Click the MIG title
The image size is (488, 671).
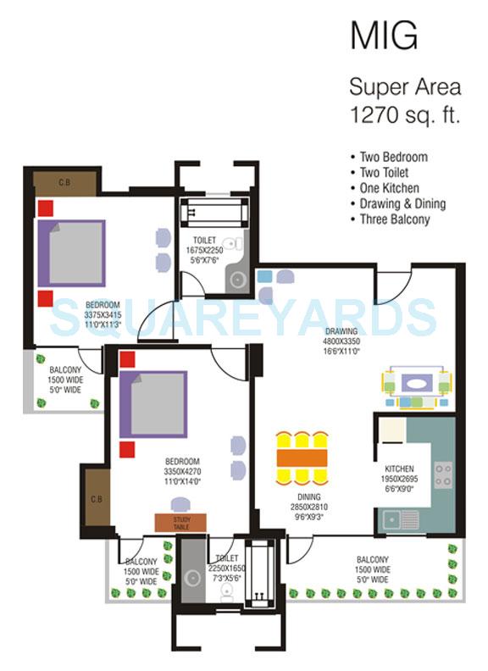[384, 37]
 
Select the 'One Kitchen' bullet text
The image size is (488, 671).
[391, 188]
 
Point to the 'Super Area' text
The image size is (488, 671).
[406, 86]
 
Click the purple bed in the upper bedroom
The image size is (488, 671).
[70, 252]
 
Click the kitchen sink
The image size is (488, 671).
[399, 517]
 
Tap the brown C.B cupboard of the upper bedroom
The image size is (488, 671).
[63, 182]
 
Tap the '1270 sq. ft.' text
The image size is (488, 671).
[404, 115]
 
